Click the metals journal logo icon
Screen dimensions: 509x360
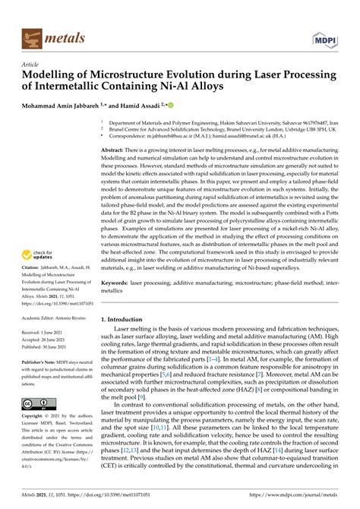[32, 35]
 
